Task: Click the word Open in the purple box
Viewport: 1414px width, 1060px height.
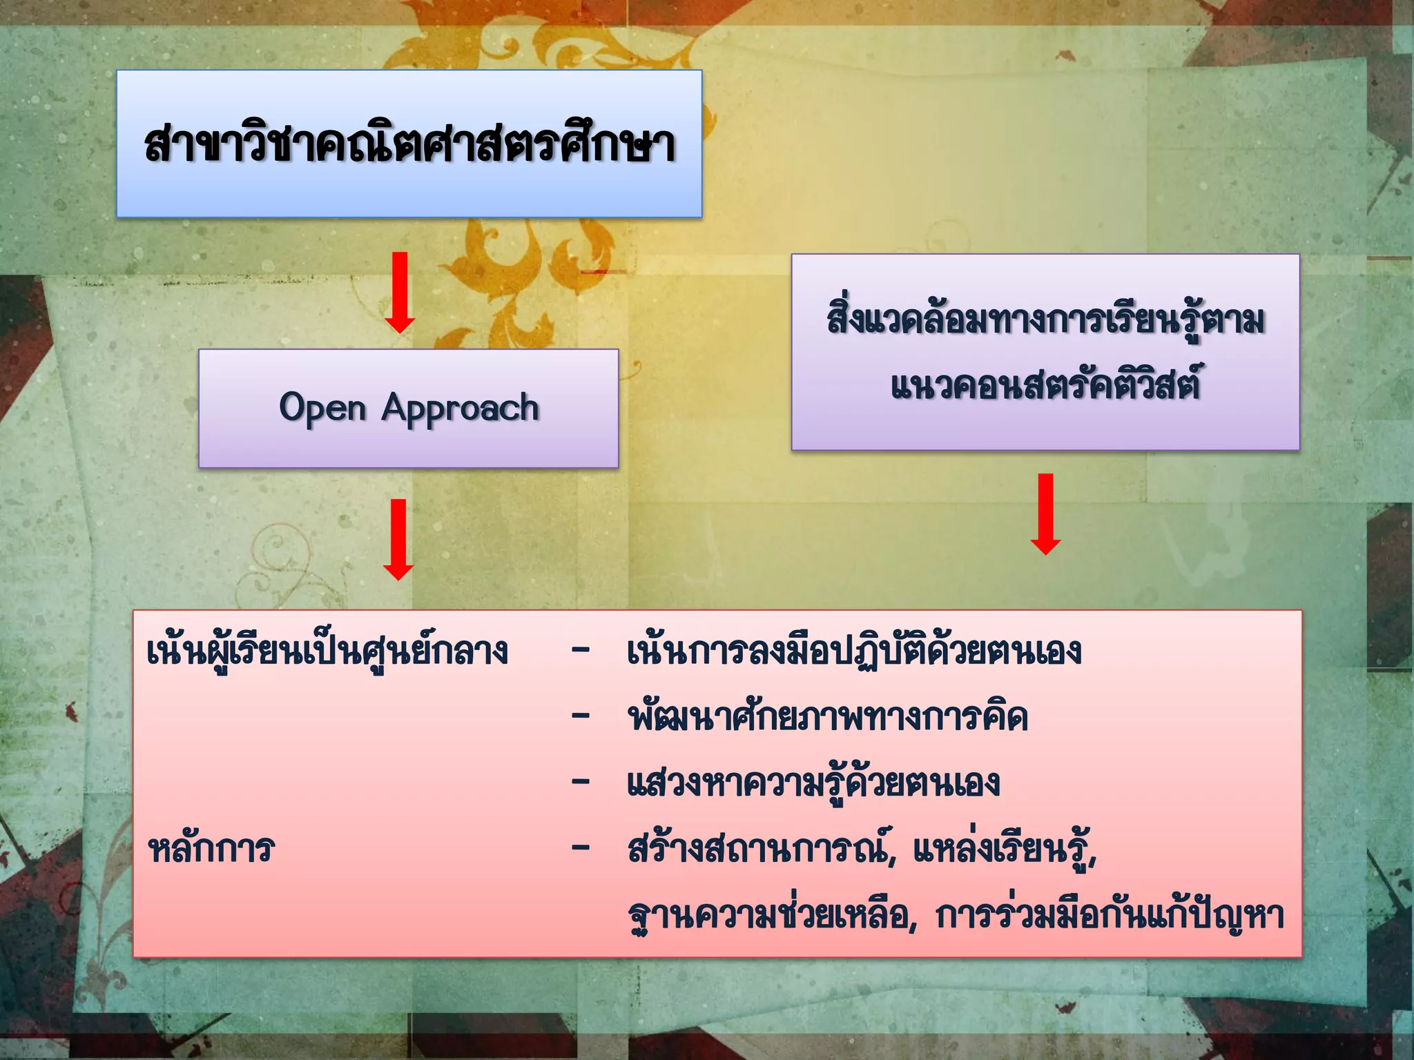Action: point(322,408)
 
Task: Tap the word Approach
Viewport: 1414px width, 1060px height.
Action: point(461,408)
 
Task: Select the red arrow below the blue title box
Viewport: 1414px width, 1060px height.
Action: point(400,292)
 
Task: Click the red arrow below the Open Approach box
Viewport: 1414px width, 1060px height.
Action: point(398,539)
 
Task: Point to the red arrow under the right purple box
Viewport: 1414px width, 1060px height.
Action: point(1046,513)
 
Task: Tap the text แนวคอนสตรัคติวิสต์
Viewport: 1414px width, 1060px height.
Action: point(1045,384)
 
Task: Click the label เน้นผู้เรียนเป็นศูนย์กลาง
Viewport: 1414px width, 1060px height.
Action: point(328,651)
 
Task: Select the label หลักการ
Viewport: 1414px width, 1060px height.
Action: point(211,849)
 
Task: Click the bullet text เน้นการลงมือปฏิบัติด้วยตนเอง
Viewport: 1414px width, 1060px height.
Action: point(854,651)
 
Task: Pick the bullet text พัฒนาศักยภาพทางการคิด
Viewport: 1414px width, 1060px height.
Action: point(827,718)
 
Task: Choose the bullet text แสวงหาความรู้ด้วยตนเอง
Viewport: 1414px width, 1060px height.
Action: point(813,783)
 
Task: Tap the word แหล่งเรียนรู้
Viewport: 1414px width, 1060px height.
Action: point(1005,849)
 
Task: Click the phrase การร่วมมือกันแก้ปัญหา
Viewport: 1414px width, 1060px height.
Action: point(1109,915)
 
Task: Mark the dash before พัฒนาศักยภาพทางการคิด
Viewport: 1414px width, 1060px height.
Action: point(581,716)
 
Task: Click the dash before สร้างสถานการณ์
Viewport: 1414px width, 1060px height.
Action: point(581,847)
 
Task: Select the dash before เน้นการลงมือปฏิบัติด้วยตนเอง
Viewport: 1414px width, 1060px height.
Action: point(581,650)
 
